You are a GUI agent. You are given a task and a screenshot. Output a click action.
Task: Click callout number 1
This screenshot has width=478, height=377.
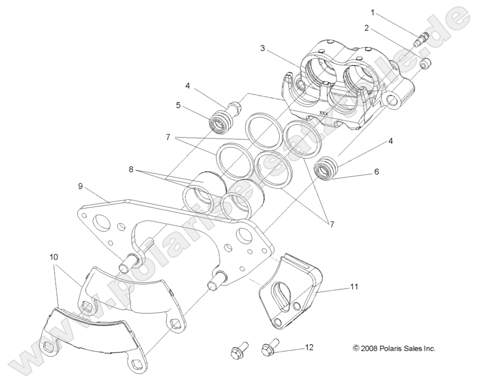[372, 12]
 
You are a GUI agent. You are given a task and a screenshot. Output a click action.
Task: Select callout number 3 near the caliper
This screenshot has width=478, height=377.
[262, 48]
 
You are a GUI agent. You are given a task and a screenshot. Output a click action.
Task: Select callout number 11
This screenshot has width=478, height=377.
[353, 287]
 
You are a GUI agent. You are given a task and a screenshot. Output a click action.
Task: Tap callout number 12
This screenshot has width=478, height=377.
[308, 348]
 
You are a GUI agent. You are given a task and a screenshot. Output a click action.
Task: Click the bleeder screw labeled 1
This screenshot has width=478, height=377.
[421, 40]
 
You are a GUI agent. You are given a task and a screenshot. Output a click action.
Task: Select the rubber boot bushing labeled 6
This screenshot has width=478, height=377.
[325, 168]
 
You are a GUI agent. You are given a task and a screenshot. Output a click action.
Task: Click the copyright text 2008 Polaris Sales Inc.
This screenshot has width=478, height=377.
[394, 348]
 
